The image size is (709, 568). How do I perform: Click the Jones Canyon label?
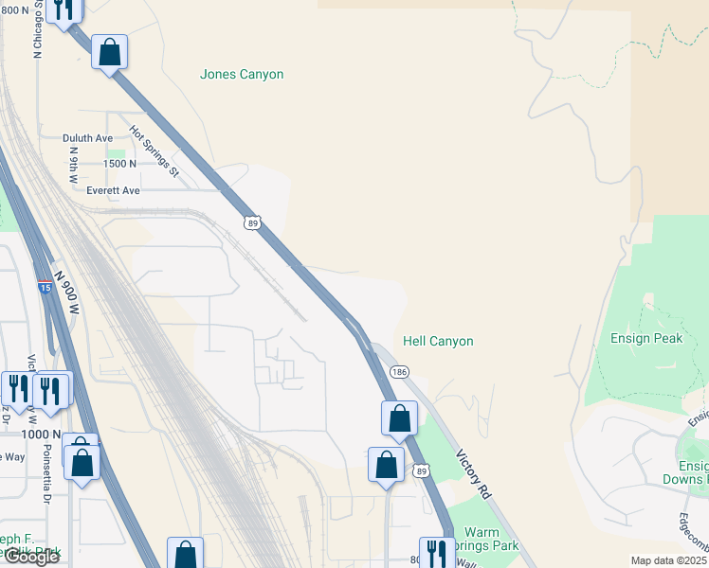point(242,74)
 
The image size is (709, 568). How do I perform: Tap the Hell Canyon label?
point(438,341)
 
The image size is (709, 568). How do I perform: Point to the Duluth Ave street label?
point(88,138)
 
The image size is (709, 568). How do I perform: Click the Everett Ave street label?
point(113,190)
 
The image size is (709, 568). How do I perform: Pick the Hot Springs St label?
point(154,151)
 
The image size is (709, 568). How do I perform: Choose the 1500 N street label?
point(119,164)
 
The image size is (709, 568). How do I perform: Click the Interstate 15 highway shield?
point(45,286)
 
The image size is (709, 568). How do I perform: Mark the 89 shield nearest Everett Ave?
point(250,222)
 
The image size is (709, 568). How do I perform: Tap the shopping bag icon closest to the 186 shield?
point(399,417)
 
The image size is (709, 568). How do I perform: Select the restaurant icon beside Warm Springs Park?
point(436,551)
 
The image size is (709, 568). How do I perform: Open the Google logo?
point(30,557)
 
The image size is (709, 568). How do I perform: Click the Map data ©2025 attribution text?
point(667,560)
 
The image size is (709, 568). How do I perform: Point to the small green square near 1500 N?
point(116,153)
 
